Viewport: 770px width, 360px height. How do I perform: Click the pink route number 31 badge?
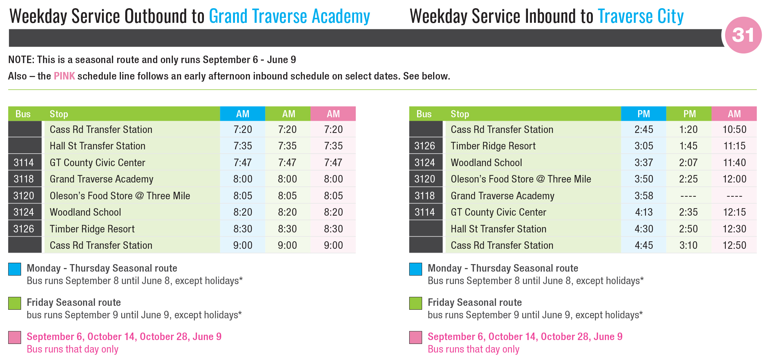tap(743, 35)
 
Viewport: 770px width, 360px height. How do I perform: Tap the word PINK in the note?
tap(64, 76)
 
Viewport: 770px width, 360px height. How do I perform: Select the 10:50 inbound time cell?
tap(734, 129)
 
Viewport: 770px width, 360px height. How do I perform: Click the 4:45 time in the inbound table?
tap(644, 245)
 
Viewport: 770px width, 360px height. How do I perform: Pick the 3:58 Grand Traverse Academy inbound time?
tap(644, 196)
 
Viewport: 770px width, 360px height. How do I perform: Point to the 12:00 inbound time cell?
tap(734, 179)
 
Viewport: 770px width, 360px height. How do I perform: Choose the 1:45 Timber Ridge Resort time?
tap(688, 146)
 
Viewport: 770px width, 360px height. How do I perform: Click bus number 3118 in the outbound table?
tap(24, 179)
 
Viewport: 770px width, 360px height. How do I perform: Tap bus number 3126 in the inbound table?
tap(425, 146)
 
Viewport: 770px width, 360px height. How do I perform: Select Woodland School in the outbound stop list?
tap(86, 212)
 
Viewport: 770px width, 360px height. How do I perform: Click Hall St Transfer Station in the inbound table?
tap(498, 229)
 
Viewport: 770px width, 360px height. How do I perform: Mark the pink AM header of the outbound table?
tap(333, 114)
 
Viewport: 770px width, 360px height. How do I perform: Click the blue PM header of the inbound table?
tap(644, 114)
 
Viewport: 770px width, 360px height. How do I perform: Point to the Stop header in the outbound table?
tap(59, 114)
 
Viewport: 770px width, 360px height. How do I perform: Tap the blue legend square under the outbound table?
tap(15, 269)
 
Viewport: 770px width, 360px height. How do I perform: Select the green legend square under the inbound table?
tap(416, 303)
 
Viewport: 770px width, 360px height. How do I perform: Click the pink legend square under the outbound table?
tap(15, 338)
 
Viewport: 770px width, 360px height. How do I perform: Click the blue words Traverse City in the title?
tap(641, 16)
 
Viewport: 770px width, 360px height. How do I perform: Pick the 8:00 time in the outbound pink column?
tap(333, 179)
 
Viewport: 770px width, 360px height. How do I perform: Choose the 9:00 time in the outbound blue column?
tap(243, 245)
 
